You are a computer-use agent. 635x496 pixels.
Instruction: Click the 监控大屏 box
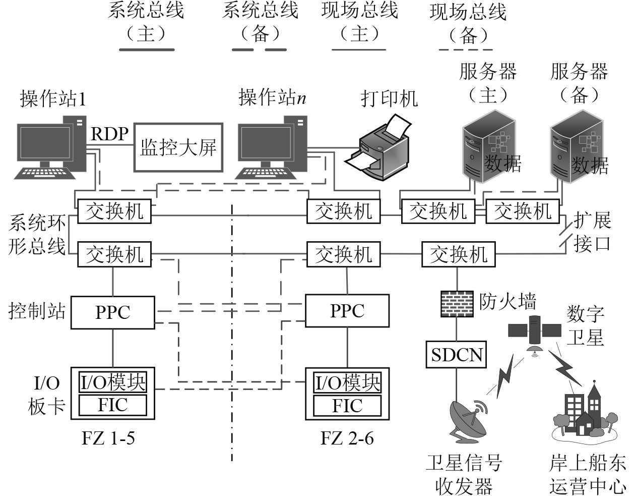tap(178, 147)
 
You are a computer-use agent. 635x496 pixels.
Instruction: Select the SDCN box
tap(457, 355)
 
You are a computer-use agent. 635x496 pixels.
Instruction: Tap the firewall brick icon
tap(457, 303)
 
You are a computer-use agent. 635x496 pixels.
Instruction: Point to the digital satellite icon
tap(534, 333)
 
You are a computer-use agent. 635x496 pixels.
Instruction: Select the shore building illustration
tap(585, 411)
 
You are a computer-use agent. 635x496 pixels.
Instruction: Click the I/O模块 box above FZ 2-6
tap(347, 383)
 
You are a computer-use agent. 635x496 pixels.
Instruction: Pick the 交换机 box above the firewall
tap(458, 254)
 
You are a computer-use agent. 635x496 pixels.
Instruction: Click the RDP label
tap(109, 134)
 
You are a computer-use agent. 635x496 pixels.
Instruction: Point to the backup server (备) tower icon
tap(577, 150)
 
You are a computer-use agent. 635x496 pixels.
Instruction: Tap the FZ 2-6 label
tap(347, 438)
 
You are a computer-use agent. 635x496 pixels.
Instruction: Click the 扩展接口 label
tap(592, 232)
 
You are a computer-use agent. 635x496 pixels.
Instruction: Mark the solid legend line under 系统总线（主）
tap(147, 49)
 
